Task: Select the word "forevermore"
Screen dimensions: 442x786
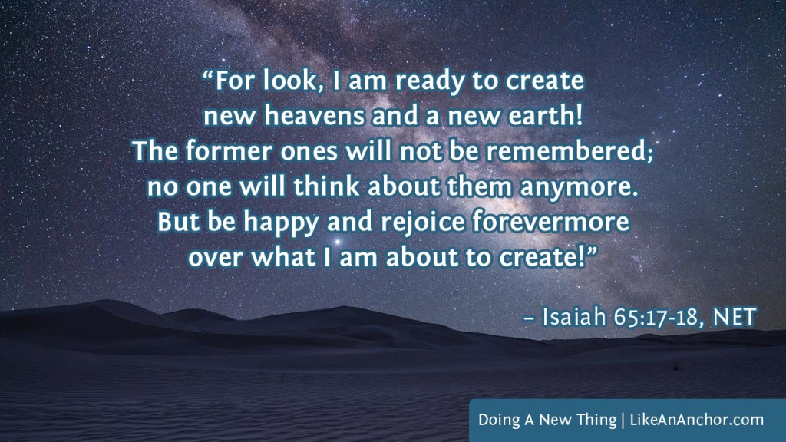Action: click(541, 222)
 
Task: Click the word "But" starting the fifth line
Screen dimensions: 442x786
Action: click(175, 222)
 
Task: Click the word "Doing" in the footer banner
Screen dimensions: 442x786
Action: click(496, 420)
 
